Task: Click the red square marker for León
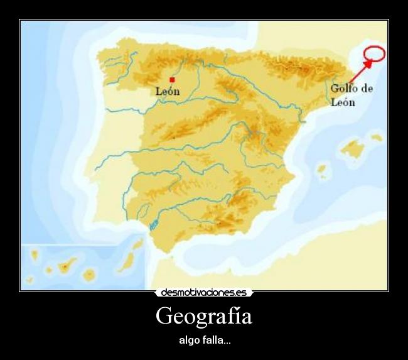(x=172, y=80)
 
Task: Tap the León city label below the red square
(x=168, y=92)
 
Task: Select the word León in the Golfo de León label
(x=343, y=102)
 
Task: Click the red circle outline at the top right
(x=374, y=54)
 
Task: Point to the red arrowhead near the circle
(x=367, y=63)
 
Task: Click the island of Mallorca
(x=352, y=148)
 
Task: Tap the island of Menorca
(x=376, y=136)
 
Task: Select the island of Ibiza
(x=322, y=170)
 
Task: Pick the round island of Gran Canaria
(x=90, y=274)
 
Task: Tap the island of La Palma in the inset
(x=35, y=255)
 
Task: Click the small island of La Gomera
(x=49, y=271)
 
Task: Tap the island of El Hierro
(x=29, y=280)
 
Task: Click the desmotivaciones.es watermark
(x=203, y=293)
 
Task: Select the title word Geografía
(x=203, y=315)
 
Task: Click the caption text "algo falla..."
(x=204, y=341)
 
